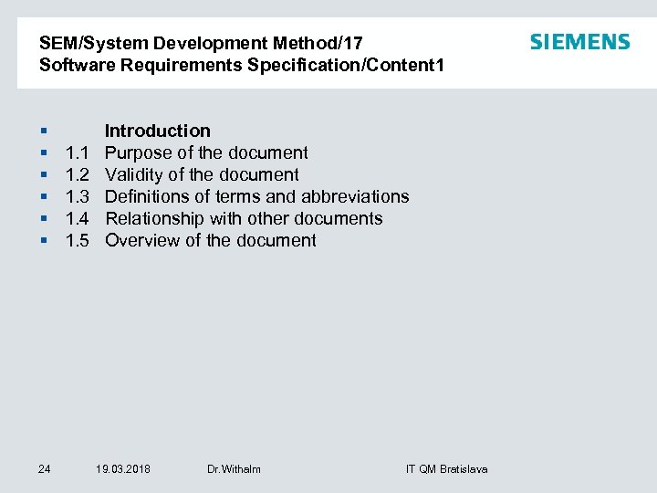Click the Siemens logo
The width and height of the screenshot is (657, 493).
click(579, 42)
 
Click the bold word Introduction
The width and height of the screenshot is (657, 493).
click(158, 131)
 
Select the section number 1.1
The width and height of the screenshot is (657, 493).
click(77, 152)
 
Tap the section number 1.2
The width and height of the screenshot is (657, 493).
click(77, 174)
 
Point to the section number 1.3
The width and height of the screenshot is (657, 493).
click(77, 196)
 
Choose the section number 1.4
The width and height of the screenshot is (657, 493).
click(77, 218)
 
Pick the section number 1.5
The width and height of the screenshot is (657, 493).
click(77, 240)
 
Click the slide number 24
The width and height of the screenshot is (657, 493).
click(45, 469)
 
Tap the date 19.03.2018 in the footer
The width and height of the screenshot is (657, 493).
click(123, 469)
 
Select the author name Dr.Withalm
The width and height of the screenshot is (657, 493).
click(234, 469)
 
